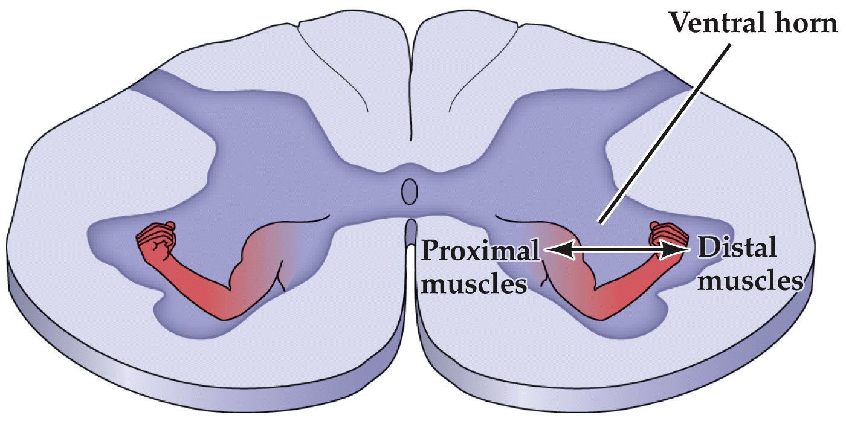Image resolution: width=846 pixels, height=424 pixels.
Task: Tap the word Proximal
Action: pos(480,249)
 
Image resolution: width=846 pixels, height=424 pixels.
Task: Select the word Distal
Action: pos(736,248)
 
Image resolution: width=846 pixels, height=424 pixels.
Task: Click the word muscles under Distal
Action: pos(750,281)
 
